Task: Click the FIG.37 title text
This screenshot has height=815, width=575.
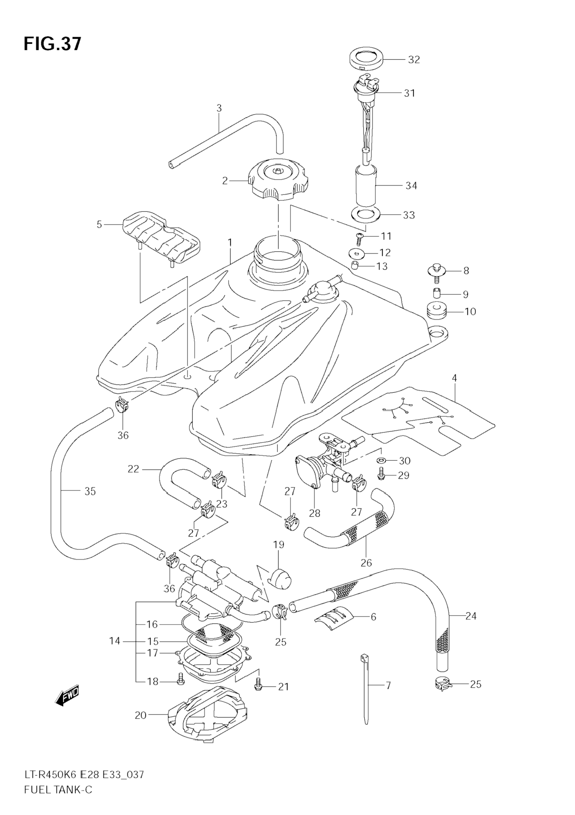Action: (53, 44)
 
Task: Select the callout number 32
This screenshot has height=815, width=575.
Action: (414, 60)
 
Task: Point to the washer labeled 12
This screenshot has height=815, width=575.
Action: (356, 253)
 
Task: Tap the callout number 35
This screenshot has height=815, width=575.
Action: (90, 491)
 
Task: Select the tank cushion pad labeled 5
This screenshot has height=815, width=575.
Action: (162, 237)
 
